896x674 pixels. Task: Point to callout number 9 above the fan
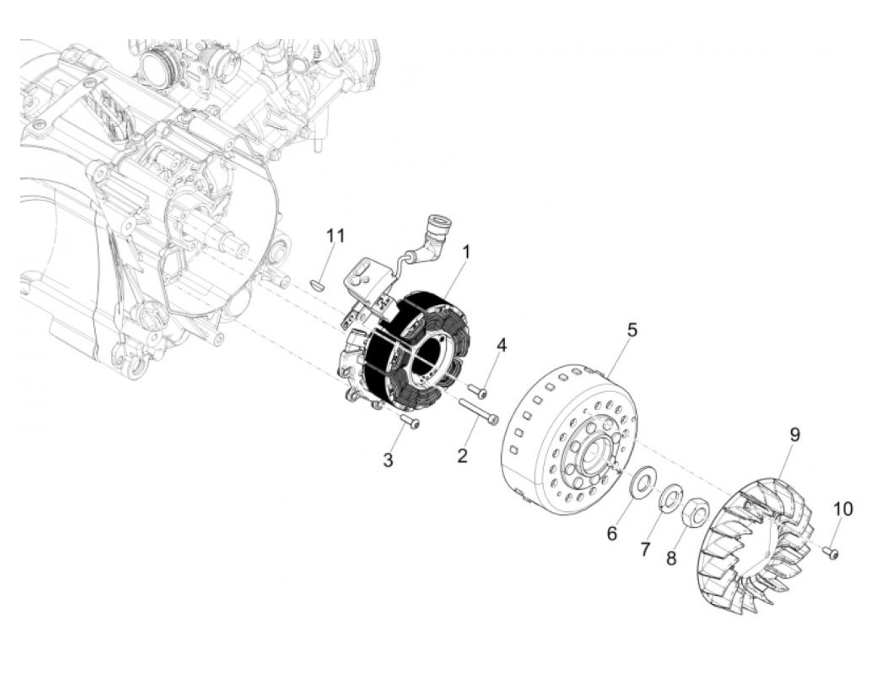tap(794, 435)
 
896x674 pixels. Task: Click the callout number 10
tap(843, 509)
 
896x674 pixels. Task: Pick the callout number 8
tap(671, 558)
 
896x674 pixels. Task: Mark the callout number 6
tap(612, 533)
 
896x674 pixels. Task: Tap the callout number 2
tap(462, 456)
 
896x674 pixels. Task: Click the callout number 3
tap(388, 459)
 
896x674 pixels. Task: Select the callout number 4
tap(502, 345)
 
